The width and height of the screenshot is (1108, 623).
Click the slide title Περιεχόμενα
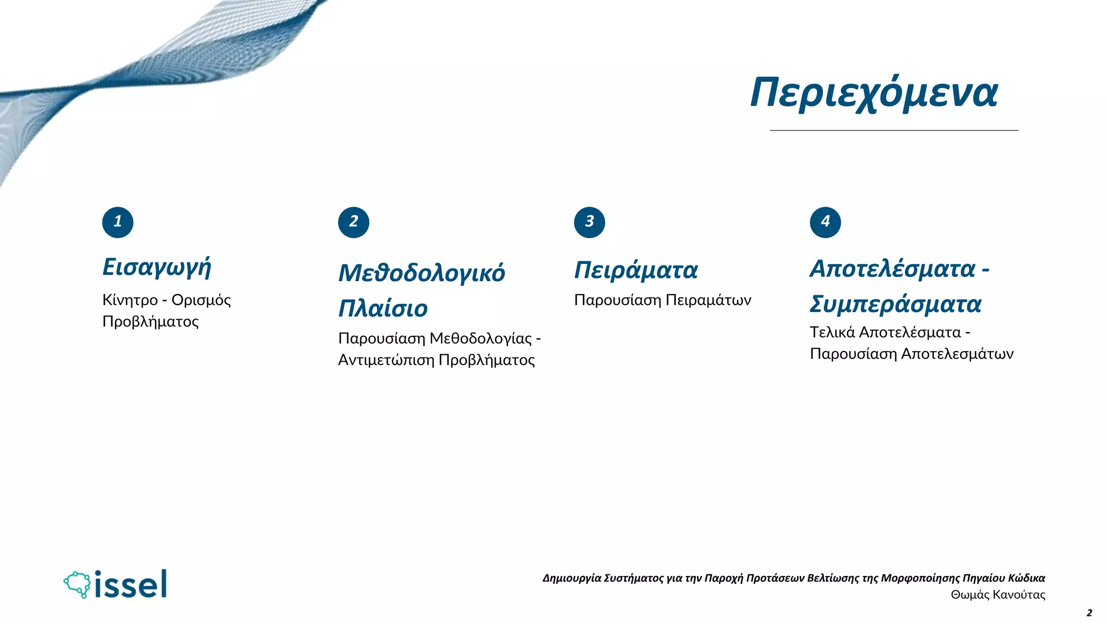(x=874, y=93)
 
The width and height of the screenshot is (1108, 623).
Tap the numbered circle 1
(x=117, y=222)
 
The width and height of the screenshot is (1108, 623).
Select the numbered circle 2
(x=353, y=222)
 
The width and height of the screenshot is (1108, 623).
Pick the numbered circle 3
(x=589, y=222)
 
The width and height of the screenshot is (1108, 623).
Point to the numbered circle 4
(x=825, y=222)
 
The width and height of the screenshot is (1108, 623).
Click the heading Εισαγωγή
(x=157, y=267)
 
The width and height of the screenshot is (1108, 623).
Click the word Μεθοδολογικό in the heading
(x=421, y=273)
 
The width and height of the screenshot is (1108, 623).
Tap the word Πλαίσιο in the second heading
(x=383, y=308)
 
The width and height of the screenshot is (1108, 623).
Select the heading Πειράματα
(x=636, y=270)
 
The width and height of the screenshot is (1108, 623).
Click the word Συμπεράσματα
(x=895, y=304)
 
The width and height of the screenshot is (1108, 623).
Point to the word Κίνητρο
(x=130, y=300)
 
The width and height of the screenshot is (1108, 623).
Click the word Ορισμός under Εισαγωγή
(x=201, y=300)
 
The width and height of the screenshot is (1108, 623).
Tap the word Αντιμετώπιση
(x=386, y=360)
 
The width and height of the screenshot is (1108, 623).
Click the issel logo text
(x=130, y=584)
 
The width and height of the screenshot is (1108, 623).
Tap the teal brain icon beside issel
(x=77, y=584)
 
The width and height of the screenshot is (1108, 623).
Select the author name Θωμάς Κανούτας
(x=998, y=594)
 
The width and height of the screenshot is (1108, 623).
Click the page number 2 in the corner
(x=1089, y=613)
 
